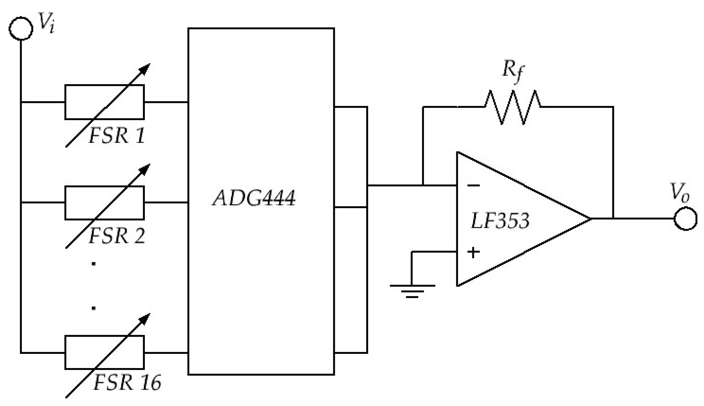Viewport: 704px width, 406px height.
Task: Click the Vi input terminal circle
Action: pos(21,28)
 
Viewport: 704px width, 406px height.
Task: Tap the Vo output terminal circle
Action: pos(685,219)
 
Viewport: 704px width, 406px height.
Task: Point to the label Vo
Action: pos(680,192)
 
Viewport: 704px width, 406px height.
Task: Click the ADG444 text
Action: pos(254,198)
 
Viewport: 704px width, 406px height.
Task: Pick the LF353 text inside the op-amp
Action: pos(500,220)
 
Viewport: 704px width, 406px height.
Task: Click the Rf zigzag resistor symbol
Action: pos(512,107)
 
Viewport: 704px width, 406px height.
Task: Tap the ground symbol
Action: pos(412,290)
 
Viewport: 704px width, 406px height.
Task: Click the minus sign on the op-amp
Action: pos(473,186)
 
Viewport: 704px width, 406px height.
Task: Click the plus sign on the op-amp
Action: pos(473,253)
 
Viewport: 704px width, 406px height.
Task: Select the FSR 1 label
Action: pos(117,135)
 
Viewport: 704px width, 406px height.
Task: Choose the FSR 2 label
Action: pos(117,236)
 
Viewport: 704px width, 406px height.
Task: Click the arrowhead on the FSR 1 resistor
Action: pos(145,68)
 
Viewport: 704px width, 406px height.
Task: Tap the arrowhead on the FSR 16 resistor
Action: pos(145,318)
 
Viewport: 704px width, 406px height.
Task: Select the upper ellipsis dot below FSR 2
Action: pos(94,264)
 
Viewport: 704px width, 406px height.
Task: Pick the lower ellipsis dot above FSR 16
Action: pos(94,308)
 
